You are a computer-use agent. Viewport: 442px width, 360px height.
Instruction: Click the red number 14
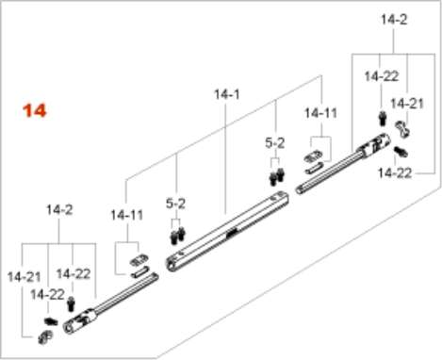(35, 111)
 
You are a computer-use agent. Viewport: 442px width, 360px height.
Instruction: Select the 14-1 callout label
(226, 94)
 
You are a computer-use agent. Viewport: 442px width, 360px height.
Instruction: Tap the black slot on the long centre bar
(231, 233)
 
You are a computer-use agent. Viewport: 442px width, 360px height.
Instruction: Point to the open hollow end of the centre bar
(171, 264)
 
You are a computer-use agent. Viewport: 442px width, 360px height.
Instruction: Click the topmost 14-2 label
(394, 20)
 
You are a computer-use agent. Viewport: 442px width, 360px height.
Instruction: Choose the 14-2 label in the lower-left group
(59, 209)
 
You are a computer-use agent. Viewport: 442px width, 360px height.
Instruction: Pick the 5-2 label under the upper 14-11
(275, 143)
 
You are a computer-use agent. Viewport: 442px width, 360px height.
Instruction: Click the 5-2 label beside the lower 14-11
(175, 204)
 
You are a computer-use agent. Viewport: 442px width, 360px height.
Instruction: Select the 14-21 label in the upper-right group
(407, 104)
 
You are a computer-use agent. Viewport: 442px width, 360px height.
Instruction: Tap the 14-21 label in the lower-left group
(24, 277)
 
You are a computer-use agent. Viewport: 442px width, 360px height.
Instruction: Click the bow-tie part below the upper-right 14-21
(402, 129)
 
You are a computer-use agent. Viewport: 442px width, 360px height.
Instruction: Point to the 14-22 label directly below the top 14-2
(382, 76)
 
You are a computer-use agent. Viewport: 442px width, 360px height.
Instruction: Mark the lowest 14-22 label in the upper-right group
(395, 173)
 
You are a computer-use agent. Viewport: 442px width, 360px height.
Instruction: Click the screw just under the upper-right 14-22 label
(383, 119)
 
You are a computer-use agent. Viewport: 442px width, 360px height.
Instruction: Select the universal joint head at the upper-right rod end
(375, 145)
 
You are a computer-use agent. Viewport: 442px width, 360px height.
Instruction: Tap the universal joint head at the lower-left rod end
(80, 321)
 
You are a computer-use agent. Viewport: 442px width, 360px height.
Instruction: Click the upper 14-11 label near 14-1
(320, 113)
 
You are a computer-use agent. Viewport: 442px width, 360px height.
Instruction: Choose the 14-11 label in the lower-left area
(127, 215)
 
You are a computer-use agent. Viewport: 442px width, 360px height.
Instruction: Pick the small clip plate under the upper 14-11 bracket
(313, 156)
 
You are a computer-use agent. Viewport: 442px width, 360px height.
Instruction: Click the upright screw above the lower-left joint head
(72, 304)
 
